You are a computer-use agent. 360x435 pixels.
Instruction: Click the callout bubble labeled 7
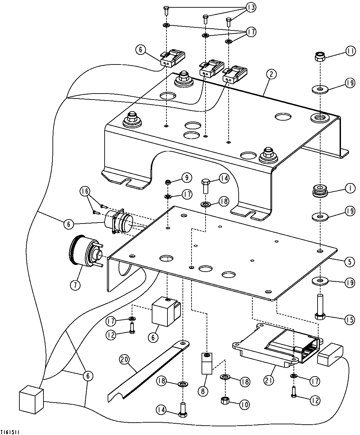[75, 285]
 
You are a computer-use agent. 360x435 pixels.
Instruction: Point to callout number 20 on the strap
[125, 359]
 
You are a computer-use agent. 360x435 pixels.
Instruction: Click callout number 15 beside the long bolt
[349, 319]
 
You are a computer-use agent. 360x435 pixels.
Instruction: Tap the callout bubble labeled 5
[349, 262]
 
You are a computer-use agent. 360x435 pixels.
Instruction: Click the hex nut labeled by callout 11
[320, 57]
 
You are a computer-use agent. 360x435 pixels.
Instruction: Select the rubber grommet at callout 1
[320, 191]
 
